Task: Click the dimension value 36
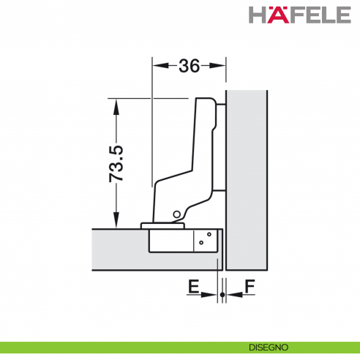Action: click(189, 66)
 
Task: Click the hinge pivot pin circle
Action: click(177, 214)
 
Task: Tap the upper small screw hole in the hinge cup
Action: click(209, 234)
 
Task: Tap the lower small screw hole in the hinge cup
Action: click(201, 242)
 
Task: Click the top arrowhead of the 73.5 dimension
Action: click(115, 103)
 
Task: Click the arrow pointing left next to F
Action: click(231, 294)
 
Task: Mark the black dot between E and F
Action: click(222, 294)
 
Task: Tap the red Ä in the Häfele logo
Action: click(277, 14)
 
